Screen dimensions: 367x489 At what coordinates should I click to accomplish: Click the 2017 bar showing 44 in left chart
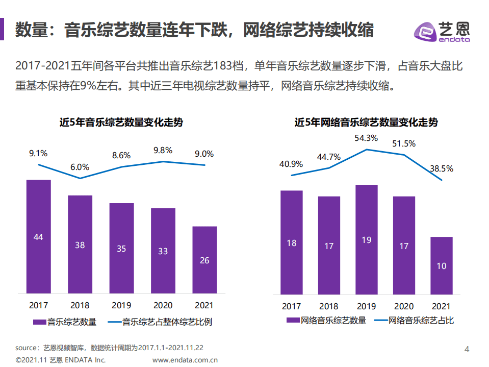pos(38,236)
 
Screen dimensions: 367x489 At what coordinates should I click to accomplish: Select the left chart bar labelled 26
pos(204,260)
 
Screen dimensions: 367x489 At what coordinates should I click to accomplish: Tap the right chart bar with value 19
pos(366,239)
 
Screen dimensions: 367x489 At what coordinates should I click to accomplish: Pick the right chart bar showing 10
pos(441,265)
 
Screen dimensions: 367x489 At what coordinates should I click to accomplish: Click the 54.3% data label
pos(366,138)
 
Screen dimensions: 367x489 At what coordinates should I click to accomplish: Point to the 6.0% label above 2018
pos(80,167)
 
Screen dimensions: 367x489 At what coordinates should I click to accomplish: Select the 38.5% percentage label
pos(441,168)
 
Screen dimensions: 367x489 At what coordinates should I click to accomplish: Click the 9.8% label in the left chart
pos(163,150)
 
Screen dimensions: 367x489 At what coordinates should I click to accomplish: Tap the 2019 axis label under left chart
pos(121,305)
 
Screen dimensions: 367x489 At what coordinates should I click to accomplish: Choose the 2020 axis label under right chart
pos(403,306)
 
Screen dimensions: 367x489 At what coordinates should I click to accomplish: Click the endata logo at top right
pos(442,32)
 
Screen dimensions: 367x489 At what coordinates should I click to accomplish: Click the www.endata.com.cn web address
pos(185,360)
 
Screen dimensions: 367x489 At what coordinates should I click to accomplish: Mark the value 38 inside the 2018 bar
pos(80,244)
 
